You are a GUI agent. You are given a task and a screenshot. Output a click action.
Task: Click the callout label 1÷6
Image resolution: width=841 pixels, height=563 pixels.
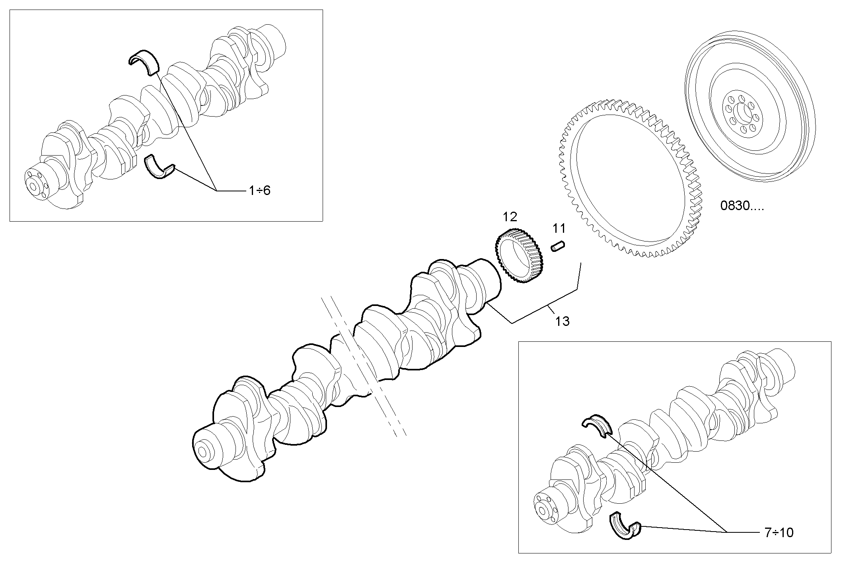pos(259,191)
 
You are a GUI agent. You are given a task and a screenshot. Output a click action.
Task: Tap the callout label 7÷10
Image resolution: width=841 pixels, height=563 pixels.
pos(779,532)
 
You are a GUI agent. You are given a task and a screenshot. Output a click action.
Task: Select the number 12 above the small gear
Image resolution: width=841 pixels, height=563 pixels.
pos(510,217)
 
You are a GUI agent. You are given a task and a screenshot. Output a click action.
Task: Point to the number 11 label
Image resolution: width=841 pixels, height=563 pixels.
pos(559,228)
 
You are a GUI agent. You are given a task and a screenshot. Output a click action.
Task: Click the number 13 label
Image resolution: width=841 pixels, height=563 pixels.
pos(563,321)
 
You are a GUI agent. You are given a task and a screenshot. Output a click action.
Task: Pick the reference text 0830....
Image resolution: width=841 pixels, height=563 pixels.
pos(742,206)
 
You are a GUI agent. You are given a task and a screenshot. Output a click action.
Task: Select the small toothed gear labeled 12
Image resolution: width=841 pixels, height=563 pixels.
pos(520,258)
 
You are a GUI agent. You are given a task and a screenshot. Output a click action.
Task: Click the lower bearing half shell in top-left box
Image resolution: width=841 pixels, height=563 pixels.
pos(159,169)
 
